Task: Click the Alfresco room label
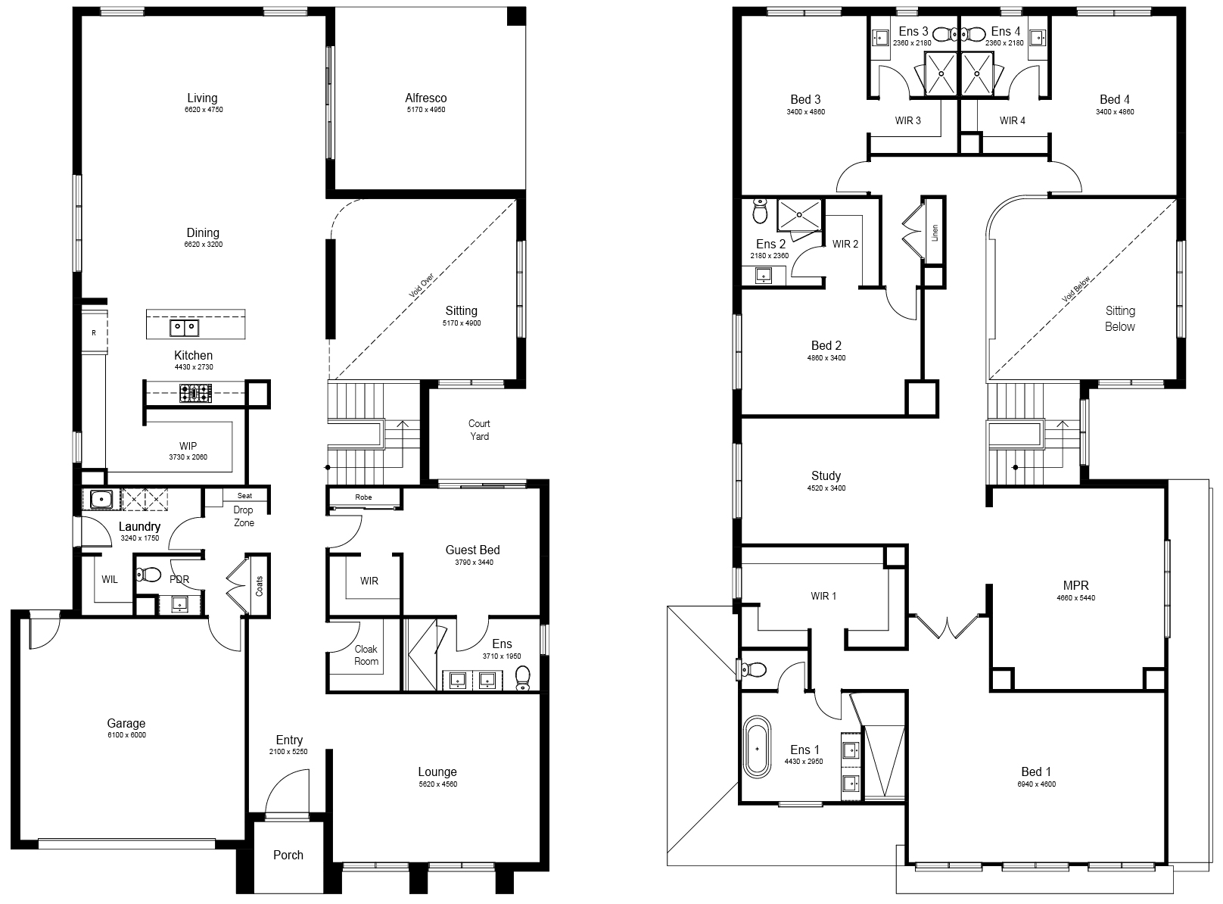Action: point(425,98)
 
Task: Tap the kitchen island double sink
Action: point(184,327)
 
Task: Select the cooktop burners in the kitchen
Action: point(195,394)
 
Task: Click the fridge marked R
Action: point(94,332)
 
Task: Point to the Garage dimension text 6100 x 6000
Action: point(127,734)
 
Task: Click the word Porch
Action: point(288,855)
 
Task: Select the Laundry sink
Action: point(101,500)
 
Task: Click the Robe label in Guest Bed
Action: point(363,497)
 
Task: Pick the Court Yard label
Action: point(479,430)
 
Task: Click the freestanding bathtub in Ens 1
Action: point(757,747)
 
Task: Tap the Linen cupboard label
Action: point(935,232)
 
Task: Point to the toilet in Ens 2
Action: point(761,210)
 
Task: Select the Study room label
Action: point(826,475)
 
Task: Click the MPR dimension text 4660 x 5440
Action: point(1075,597)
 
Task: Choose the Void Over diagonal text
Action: point(422,285)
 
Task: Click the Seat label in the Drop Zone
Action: point(244,496)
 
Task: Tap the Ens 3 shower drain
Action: point(941,73)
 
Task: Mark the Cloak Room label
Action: point(366,655)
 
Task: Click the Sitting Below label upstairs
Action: point(1120,319)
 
